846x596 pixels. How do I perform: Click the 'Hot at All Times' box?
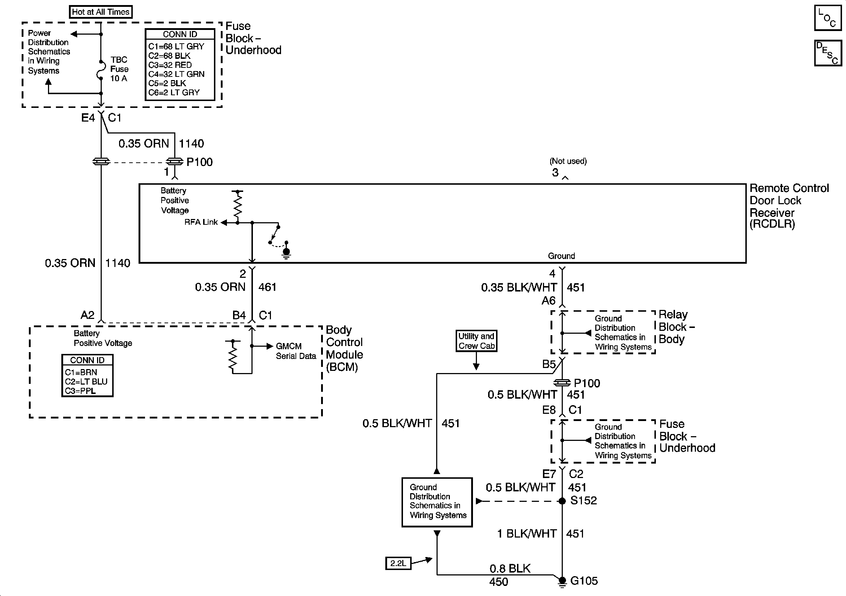pyautogui.click(x=101, y=12)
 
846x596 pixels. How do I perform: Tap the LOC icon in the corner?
pyautogui.click(x=828, y=18)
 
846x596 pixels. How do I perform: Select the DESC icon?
pyautogui.click(x=828, y=53)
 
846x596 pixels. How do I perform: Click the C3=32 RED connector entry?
pyautogui.click(x=170, y=65)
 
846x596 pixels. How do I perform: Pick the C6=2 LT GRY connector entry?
pyautogui.click(x=174, y=92)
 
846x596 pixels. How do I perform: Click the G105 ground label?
pyautogui.click(x=584, y=581)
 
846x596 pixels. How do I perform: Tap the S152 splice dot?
pyautogui.click(x=562, y=501)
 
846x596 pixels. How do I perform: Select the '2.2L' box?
pyautogui.click(x=398, y=563)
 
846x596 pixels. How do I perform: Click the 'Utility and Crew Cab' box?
pyautogui.click(x=476, y=341)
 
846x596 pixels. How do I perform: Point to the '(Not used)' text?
pyautogui.click(x=568, y=161)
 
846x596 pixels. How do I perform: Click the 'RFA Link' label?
pyautogui.click(x=201, y=222)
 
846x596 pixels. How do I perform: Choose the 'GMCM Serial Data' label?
pyautogui.click(x=296, y=351)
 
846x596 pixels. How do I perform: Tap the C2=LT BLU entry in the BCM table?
pyautogui.click(x=86, y=381)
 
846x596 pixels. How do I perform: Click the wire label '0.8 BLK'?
pyautogui.click(x=510, y=568)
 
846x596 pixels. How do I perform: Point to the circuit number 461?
pyautogui.click(x=267, y=287)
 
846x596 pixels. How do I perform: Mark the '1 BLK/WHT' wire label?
pyautogui.click(x=526, y=534)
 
